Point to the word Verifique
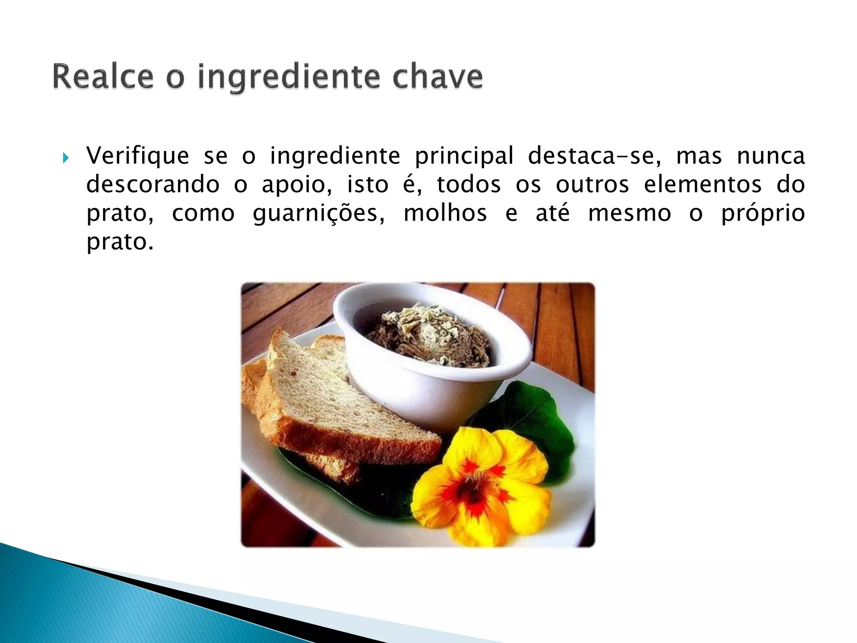[138, 156]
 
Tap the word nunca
[770, 156]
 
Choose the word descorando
[153, 185]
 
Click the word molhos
[445, 213]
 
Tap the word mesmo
[629, 213]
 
